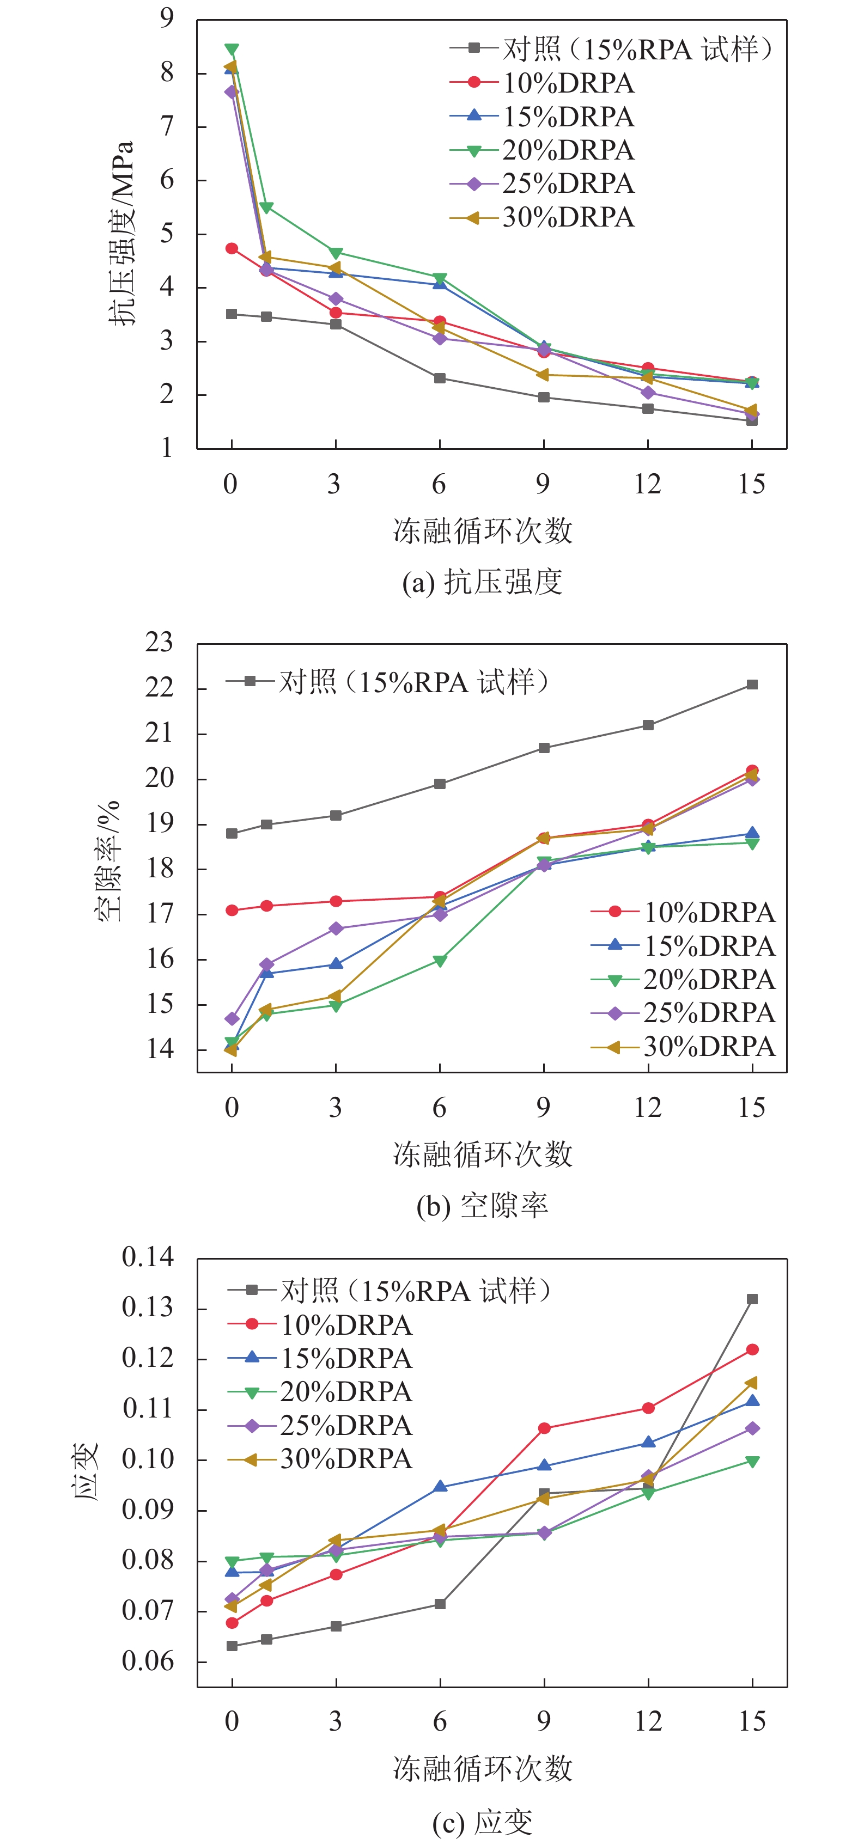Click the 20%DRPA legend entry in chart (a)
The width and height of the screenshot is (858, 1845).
coord(567,150)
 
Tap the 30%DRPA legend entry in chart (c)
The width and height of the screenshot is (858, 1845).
coord(345,1459)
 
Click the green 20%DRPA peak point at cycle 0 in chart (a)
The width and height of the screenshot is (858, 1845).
coord(232,50)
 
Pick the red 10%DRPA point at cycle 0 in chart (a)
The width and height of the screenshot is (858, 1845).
coord(232,248)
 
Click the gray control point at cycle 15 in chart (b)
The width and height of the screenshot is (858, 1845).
coord(752,685)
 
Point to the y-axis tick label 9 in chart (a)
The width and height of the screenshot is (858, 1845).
coord(166,17)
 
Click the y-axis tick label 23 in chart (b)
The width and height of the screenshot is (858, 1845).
coord(159,643)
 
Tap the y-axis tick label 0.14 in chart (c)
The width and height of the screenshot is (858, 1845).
coord(148,1256)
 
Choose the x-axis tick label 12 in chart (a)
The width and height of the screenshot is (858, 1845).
coord(647,484)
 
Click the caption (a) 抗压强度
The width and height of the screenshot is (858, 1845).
coord(482,582)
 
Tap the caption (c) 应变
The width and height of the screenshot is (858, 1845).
coord(482,1822)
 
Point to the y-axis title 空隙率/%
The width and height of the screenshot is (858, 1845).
coord(107,859)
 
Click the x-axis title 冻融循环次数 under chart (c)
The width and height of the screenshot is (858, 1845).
coord(482,1768)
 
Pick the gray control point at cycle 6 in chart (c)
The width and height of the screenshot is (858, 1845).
coord(440,1604)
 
